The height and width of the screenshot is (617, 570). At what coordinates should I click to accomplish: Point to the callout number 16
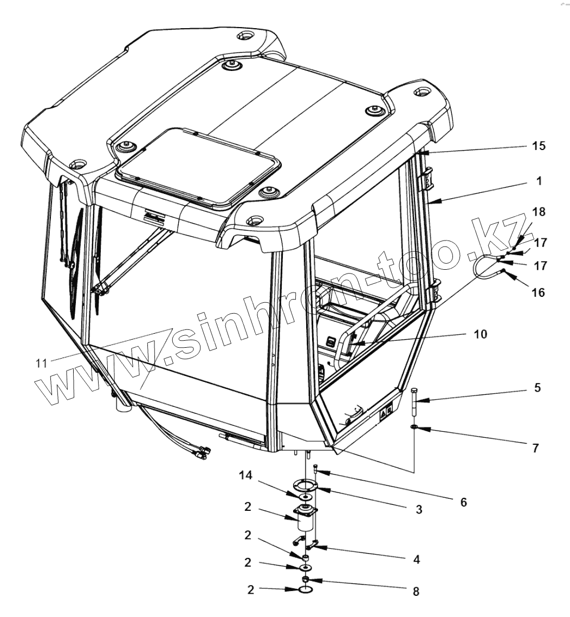tap(539, 293)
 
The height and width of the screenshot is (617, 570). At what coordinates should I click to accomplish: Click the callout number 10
tap(480, 334)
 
